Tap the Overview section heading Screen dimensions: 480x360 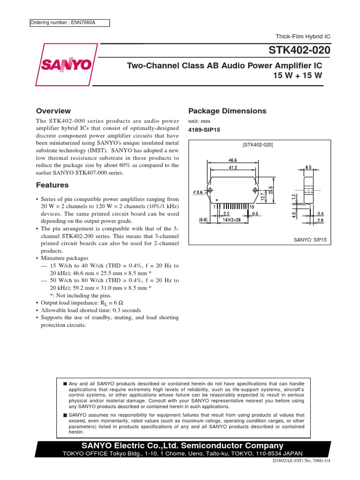click(x=53, y=111)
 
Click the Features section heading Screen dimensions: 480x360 click(x=52, y=185)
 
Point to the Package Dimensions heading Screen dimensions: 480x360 click(x=227, y=111)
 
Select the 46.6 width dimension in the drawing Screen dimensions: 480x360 click(x=232, y=160)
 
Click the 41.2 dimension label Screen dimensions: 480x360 click(x=233, y=167)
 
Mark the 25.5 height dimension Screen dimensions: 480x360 click(x=270, y=189)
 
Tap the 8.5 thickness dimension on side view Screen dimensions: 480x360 click(x=308, y=166)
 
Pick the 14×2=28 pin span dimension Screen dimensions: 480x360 click(x=231, y=219)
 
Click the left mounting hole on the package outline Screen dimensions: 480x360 click(x=210, y=190)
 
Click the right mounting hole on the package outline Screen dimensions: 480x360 click(x=255, y=190)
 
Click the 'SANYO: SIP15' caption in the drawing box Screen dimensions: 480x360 click(x=310, y=239)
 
